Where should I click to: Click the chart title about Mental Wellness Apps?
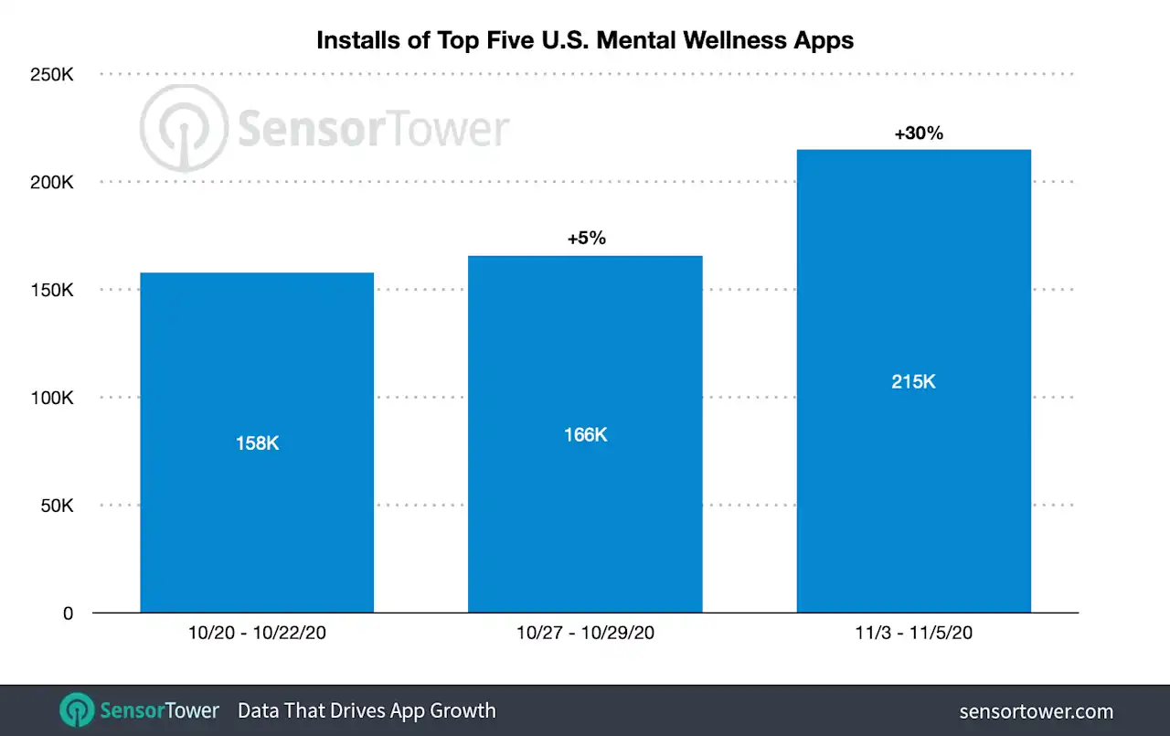(x=585, y=40)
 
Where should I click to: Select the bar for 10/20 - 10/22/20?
(x=257, y=512)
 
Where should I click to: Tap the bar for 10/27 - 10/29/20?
(x=585, y=512)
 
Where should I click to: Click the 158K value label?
(x=257, y=443)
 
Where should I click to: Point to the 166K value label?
(x=585, y=435)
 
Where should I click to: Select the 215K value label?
(x=914, y=381)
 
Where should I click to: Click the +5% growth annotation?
(x=586, y=239)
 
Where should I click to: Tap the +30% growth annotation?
(x=918, y=133)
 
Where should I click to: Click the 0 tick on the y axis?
(x=68, y=613)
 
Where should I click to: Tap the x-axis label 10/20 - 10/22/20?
(x=257, y=633)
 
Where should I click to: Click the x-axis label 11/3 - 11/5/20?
(x=914, y=633)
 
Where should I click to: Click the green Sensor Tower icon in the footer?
(x=77, y=710)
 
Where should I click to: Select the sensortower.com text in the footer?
(x=1037, y=711)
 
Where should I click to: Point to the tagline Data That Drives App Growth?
(x=367, y=710)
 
